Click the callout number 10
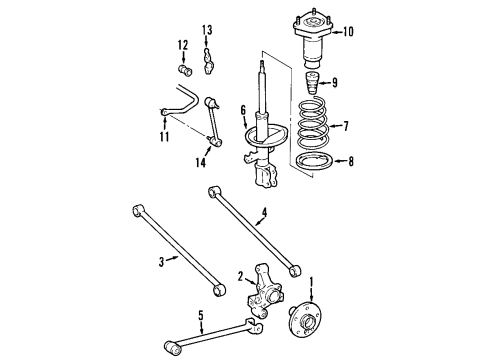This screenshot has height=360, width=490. tap(347, 31)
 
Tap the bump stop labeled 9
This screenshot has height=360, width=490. tap(311, 83)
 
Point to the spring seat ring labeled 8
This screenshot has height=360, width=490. tap(311, 161)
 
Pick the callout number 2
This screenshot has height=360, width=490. tap(240, 277)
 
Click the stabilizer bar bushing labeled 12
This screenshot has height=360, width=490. tap(184, 69)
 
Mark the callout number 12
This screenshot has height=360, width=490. tap(183, 44)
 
